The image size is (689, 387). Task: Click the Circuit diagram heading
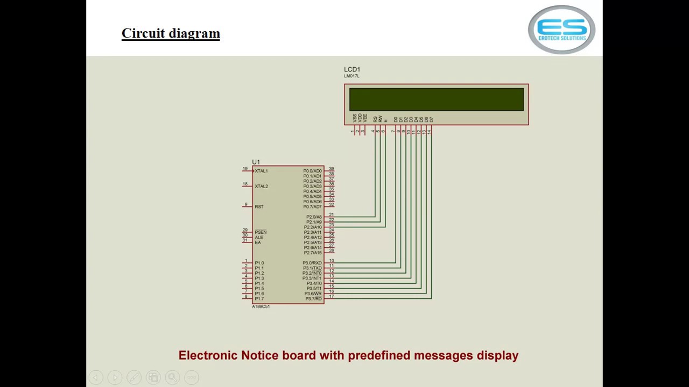point(171,33)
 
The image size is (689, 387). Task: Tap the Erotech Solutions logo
point(561,30)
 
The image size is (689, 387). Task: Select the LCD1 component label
point(352,69)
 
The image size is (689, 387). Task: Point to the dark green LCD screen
point(436,99)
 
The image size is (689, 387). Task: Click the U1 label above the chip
point(256,162)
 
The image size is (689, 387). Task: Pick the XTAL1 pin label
point(261,171)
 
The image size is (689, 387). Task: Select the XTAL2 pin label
point(261,187)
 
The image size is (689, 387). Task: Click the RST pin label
point(259,207)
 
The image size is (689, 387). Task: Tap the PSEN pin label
point(261,232)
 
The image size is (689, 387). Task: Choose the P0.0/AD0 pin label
point(312,171)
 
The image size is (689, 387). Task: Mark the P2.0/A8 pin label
point(314,217)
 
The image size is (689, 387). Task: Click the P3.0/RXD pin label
point(312,263)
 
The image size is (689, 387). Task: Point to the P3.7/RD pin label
point(313,299)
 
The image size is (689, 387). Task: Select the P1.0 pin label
point(259,263)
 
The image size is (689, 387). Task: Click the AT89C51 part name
point(261,307)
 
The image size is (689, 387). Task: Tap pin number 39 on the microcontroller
point(332,169)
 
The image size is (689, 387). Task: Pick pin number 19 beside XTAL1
point(245,169)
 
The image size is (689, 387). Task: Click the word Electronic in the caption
point(208,355)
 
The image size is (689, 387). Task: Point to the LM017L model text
point(351,76)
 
